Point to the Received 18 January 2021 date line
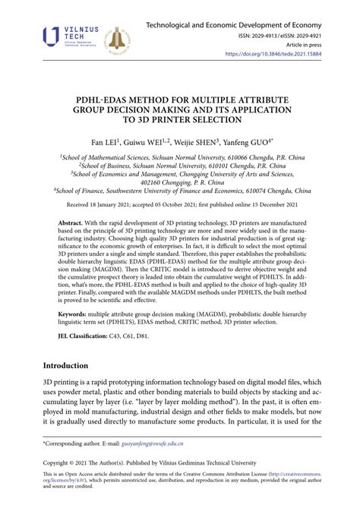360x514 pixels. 179,205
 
